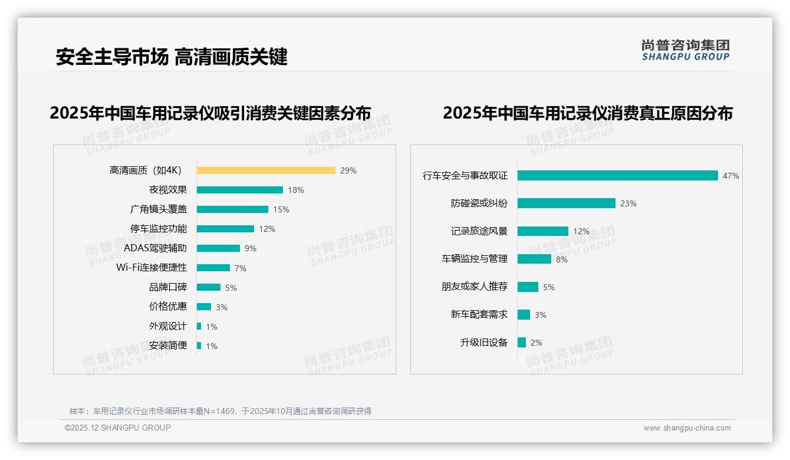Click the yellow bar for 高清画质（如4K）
click(266, 170)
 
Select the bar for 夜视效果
click(239, 190)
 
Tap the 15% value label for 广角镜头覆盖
click(281, 209)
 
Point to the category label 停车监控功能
click(158, 229)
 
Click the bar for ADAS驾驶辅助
click(218, 248)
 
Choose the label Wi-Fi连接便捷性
click(152, 268)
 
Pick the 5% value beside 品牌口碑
click(231, 288)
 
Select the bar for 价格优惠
click(204, 307)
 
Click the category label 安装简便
click(167, 346)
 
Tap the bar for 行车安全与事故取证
click(617, 176)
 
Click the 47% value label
click(730, 176)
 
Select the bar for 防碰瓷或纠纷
click(566, 203)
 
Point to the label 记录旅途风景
click(479, 231)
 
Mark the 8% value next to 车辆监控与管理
click(561, 259)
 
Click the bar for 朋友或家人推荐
click(528, 287)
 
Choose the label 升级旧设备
click(483, 343)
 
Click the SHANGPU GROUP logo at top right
click(685, 50)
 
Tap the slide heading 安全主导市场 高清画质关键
click(172, 57)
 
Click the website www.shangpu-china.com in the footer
click(687, 428)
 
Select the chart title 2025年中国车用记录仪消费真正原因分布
click(587, 113)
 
